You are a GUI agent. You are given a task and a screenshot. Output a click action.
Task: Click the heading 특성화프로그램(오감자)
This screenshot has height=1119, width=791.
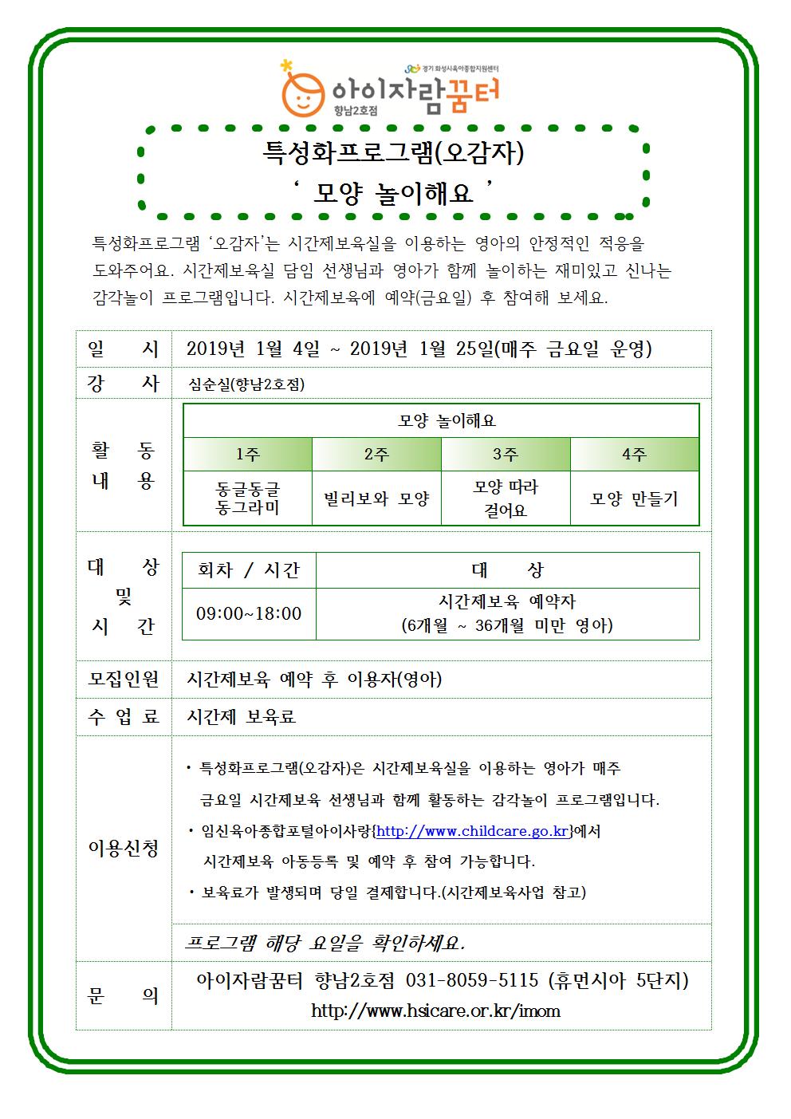pos(394,152)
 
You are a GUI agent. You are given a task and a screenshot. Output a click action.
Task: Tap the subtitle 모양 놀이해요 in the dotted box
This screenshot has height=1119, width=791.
pos(393,192)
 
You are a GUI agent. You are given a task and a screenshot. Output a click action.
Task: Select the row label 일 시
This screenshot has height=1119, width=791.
pos(124,349)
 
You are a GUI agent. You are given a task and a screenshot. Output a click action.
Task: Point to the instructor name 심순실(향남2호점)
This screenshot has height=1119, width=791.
pos(246,384)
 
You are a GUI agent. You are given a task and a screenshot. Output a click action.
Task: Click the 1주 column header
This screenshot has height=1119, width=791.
pos(248,455)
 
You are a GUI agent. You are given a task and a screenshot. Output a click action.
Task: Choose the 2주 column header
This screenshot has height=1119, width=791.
pos(376,455)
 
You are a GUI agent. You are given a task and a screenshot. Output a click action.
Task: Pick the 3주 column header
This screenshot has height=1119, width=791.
pos(506,455)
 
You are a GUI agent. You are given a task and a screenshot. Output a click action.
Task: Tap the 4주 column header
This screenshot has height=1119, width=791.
pos(634,455)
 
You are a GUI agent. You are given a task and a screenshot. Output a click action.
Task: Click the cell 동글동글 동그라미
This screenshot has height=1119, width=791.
pos(248,498)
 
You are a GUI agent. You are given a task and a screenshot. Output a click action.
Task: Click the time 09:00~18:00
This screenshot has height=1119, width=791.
pos(249,614)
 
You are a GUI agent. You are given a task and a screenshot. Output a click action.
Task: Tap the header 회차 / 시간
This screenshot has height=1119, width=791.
pos(249,570)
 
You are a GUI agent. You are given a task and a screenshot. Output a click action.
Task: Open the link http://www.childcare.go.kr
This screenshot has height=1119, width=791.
pos(472,831)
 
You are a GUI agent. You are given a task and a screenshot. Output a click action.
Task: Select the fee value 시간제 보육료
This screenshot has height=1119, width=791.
pos(241,717)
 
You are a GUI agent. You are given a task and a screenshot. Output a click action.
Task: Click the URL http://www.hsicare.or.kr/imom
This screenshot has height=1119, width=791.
pos(435,1011)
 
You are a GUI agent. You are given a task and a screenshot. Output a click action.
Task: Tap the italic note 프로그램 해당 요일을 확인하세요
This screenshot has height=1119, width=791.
pos(325,943)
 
